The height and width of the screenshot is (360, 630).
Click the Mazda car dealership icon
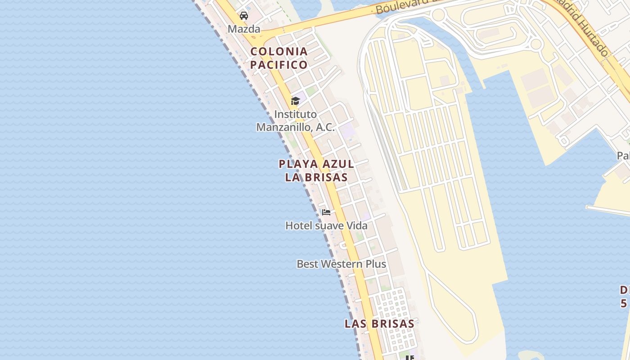coord(244,16)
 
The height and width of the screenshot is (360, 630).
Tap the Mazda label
coord(244,29)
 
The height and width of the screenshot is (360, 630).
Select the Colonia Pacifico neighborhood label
coord(279,58)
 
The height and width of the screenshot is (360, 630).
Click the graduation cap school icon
coord(295,101)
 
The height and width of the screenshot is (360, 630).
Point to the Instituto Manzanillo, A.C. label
coord(295,121)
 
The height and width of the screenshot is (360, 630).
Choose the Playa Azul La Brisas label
coord(316,171)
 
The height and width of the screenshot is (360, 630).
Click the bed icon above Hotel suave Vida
coord(326,212)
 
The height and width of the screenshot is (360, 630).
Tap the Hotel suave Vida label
coord(326,225)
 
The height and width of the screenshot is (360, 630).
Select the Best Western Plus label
coord(341,264)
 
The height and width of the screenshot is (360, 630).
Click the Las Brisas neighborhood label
coord(379,324)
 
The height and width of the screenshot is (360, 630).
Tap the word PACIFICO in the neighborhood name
coord(279,65)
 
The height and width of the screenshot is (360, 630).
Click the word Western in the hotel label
coord(341,264)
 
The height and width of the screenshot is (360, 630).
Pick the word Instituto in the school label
coord(295,114)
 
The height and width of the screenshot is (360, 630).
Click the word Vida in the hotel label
coord(357,225)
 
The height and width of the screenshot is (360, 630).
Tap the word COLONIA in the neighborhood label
coord(279,51)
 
